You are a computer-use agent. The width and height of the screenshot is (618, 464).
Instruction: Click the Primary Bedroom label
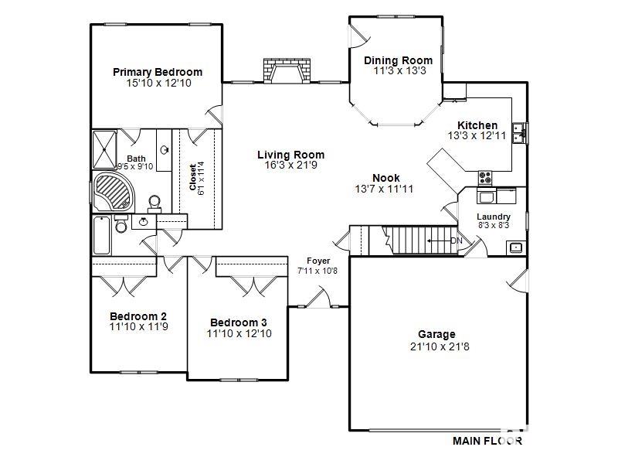[x=158, y=72]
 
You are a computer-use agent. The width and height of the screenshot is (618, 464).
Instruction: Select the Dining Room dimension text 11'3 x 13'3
[x=398, y=71]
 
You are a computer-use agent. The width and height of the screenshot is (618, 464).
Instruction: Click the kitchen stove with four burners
[x=486, y=176]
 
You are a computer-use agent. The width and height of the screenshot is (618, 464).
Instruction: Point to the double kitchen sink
[x=523, y=133]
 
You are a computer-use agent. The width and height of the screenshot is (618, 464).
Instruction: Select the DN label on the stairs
[x=456, y=241]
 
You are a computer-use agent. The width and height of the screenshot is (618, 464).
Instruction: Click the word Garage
[x=436, y=334]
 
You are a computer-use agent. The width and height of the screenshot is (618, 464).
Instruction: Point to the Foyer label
[x=318, y=261]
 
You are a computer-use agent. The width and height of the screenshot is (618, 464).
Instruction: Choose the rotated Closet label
[x=193, y=177]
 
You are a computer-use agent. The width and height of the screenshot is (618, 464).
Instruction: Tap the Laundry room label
[x=493, y=217]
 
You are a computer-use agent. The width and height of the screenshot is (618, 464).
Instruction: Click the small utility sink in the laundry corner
[x=515, y=247]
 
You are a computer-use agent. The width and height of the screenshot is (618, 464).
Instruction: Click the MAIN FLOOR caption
[x=487, y=441]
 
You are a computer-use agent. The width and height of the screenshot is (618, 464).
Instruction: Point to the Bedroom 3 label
[x=239, y=322]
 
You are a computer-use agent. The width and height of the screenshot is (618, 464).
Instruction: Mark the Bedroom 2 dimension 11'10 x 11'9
[x=138, y=327]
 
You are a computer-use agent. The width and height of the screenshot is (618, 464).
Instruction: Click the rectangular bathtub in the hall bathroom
[x=102, y=236]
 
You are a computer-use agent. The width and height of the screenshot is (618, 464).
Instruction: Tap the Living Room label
[x=290, y=155]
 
